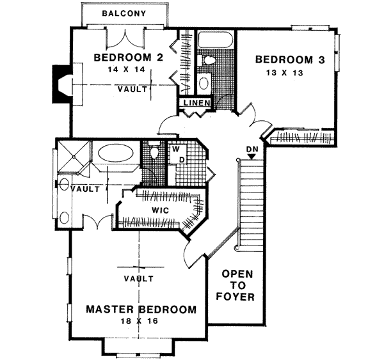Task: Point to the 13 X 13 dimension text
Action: tap(282, 73)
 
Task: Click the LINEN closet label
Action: tap(194, 104)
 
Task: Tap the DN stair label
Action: tap(251, 149)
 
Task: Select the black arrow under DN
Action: tap(251, 157)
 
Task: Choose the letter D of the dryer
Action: tap(181, 158)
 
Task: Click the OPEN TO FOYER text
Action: tap(238, 285)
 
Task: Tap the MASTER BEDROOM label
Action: tap(141, 310)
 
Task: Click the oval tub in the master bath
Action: tap(115, 154)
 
